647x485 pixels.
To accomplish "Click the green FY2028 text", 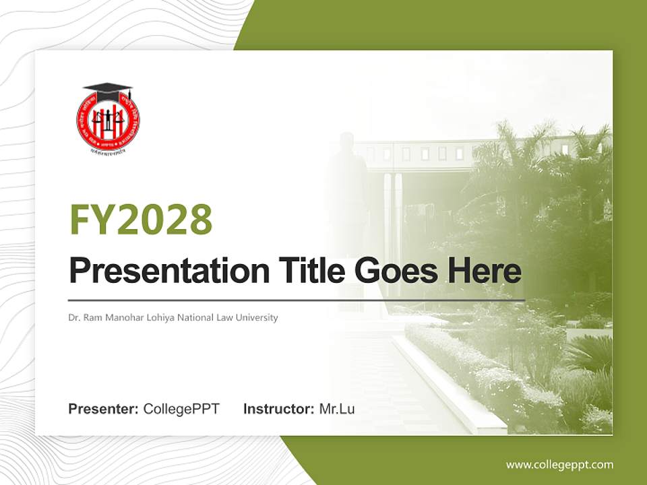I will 141,219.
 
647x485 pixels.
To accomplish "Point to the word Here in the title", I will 485,270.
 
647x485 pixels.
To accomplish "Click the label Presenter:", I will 104,409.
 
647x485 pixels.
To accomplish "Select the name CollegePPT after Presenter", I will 181,409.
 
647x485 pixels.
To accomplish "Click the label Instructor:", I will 278,409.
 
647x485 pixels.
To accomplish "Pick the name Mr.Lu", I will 337,409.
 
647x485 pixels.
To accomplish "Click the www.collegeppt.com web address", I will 559,465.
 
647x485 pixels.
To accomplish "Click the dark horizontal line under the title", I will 297,300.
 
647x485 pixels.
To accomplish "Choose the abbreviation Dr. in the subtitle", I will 73,317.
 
